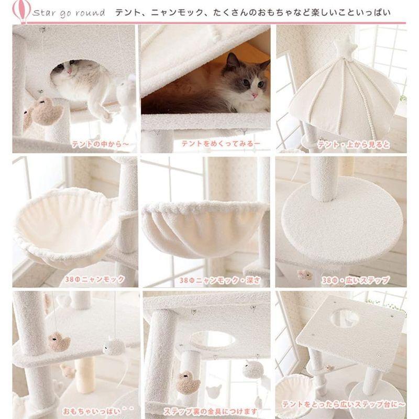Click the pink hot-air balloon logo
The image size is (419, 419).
[21, 13]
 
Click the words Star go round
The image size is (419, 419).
[69, 13]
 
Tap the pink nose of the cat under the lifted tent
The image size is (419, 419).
[255, 95]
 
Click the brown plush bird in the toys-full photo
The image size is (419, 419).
[59, 342]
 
